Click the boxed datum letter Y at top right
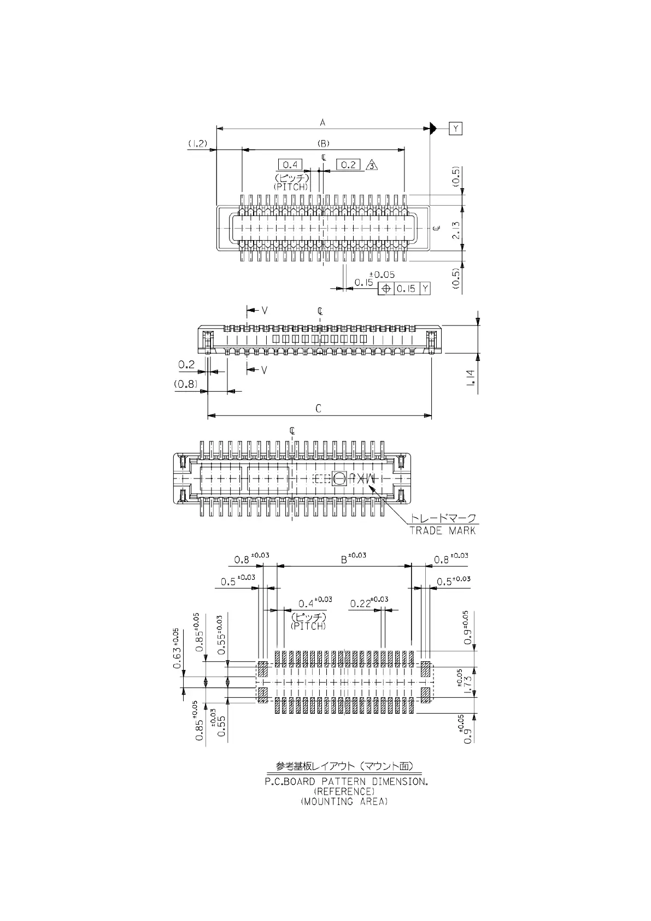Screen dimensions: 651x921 click(455, 129)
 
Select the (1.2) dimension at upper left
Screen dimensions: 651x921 click(198, 143)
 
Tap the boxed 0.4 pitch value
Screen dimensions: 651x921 click(290, 165)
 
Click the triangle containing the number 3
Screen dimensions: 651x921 click(371, 165)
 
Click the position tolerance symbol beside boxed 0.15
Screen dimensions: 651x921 click(385, 288)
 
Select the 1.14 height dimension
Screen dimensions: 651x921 click(470, 377)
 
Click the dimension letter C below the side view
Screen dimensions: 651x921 click(319, 408)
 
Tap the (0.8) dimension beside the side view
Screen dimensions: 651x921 click(186, 384)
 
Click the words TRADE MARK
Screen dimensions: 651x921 click(442, 531)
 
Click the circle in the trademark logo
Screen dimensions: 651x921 click(339, 479)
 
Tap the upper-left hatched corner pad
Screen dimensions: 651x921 click(262, 669)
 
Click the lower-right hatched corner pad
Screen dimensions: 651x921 click(425, 695)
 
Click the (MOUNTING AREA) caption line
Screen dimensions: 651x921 click(344, 801)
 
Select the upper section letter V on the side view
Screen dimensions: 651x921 click(265, 311)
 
